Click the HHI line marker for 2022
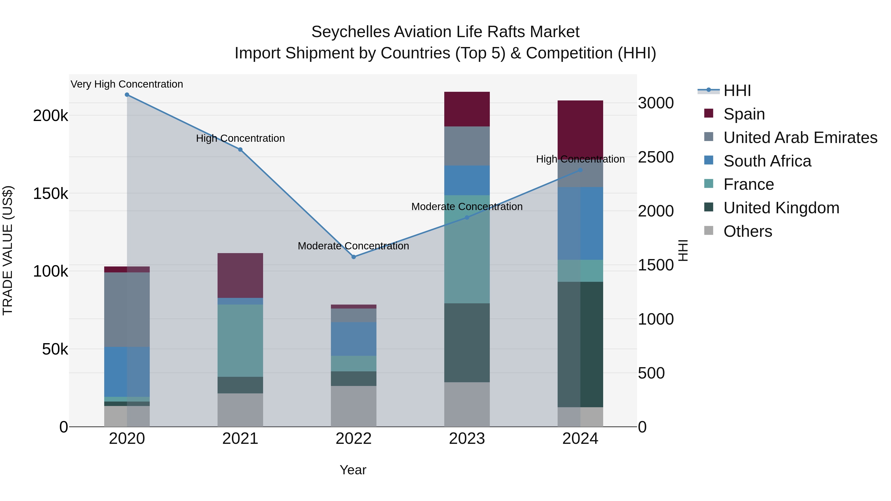[353, 257]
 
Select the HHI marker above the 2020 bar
[127, 95]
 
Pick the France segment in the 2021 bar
[240, 341]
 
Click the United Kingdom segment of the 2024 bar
[580, 344]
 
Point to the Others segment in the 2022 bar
[353, 406]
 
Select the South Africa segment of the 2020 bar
[127, 372]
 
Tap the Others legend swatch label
[747, 231]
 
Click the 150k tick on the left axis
[50, 194]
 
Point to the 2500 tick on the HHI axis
[655, 157]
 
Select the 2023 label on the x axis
[467, 439]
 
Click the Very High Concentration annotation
[127, 84]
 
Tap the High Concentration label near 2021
[240, 138]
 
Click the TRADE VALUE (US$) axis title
[8, 250]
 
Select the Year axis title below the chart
[353, 470]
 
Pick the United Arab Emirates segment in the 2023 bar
[467, 146]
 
